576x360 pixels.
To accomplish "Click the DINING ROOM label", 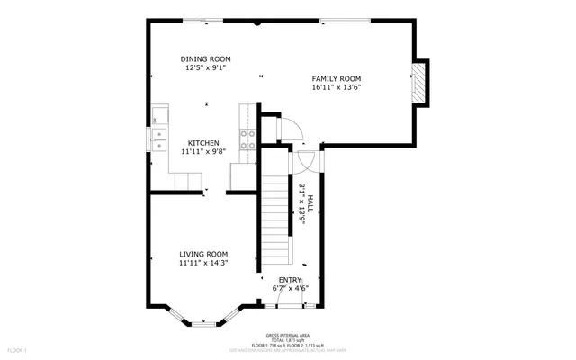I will [x=205, y=58].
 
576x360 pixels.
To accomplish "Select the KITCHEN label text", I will [x=202, y=143].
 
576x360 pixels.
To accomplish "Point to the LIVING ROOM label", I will [x=202, y=254].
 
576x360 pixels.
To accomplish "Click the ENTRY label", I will [x=291, y=280].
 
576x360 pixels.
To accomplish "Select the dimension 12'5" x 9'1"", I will [x=205, y=67].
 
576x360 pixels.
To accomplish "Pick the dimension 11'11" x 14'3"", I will [x=202, y=263].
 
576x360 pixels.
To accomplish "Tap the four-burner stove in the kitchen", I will [x=246, y=139].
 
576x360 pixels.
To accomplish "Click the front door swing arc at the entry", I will [x=290, y=297].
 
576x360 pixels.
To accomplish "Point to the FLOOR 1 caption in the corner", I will [x=18, y=349].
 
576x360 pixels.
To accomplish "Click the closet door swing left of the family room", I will [x=291, y=132].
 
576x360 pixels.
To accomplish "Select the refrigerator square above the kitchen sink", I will [x=159, y=114].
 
